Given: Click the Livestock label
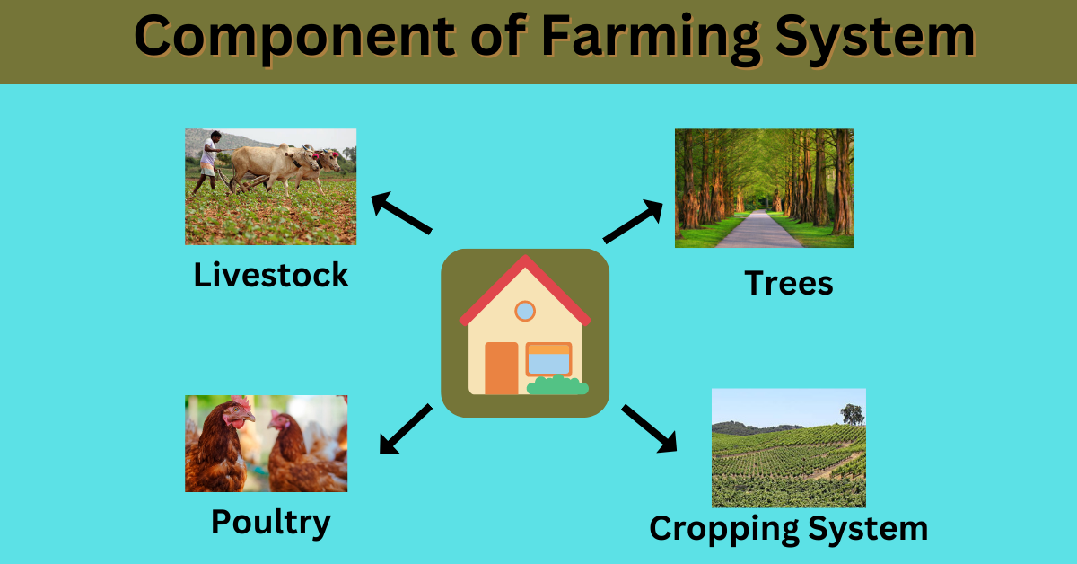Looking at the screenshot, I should [271, 275].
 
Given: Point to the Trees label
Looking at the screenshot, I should [789, 284].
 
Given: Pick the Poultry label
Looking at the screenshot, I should [270, 522].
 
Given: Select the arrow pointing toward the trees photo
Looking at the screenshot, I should [634, 222].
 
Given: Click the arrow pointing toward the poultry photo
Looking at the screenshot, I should [405, 429].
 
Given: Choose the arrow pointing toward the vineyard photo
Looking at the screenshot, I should [649, 428].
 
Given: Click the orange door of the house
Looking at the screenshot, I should [502, 368].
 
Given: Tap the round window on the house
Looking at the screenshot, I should [525, 312].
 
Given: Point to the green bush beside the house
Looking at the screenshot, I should [557, 386].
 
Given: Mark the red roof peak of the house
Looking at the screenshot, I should [524, 263].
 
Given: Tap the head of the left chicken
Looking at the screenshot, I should [235, 414].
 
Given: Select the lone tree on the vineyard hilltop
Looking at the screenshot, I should [852, 414].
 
